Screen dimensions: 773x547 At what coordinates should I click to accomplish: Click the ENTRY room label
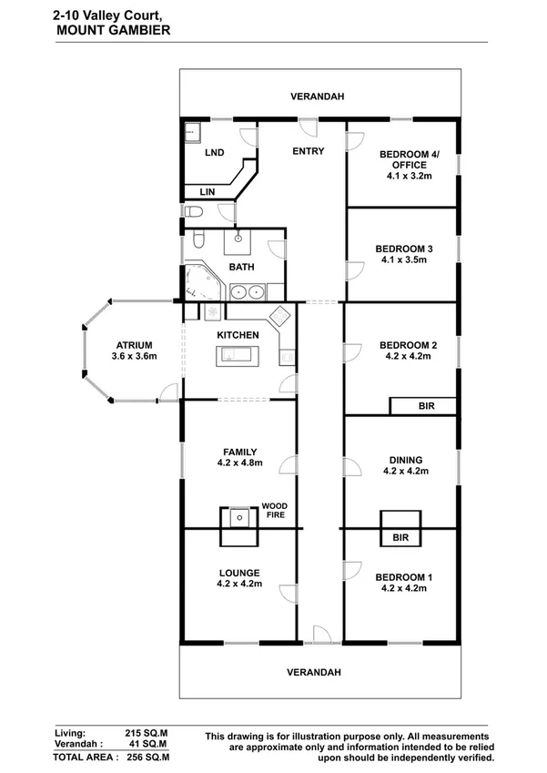pos(308,151)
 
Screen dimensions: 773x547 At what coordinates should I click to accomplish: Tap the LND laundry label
pos(214,153)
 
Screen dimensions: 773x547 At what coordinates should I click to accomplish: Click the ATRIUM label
pos(134,345)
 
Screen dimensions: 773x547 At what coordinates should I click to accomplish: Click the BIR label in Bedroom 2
pos(425,407)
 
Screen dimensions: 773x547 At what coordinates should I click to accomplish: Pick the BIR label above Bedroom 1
pos(400,539)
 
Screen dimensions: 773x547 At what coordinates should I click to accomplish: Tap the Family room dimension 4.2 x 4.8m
pos(240,463)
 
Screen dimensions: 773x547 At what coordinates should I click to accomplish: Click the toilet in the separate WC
pos(193,213)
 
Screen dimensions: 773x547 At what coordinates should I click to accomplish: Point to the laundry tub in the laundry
pos(192,132)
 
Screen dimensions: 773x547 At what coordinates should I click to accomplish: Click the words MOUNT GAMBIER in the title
pos(99,30)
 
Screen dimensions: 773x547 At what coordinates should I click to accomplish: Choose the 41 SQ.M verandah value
pos(150,744)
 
